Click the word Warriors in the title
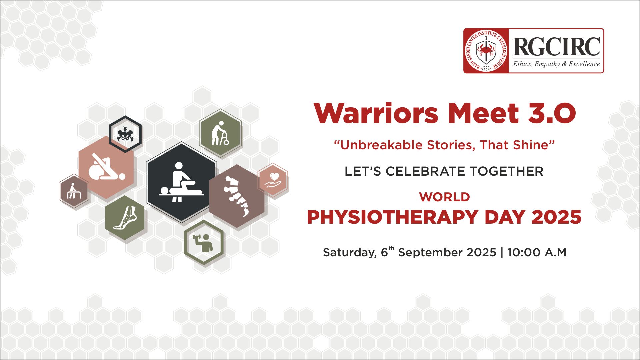point(376,113)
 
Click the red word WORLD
point(445,197)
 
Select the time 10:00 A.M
point(537,252)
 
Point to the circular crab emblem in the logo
point(486,51)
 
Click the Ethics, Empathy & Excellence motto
point(556,64)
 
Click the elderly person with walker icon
point(220,133)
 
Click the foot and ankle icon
point(125,218)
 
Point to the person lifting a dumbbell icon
point(203,243)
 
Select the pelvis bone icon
point(125,134)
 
